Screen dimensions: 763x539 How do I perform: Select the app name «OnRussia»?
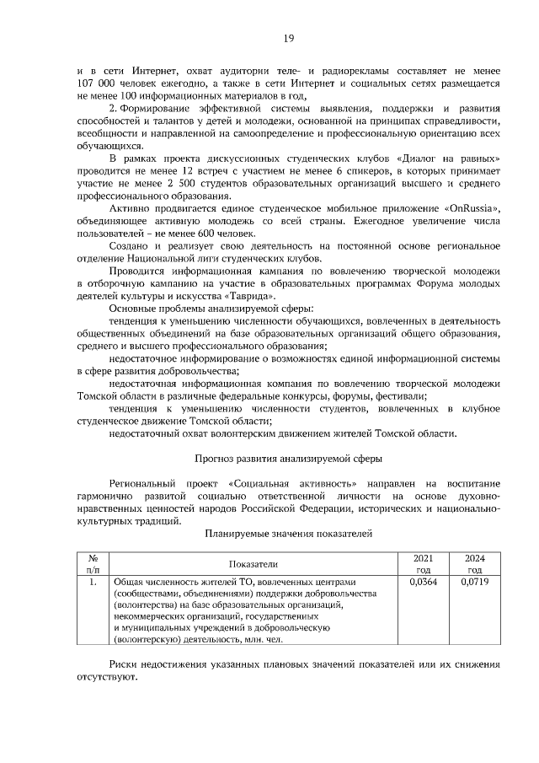pyautogui.click(x=472, y=207)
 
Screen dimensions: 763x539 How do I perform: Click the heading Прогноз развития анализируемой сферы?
pyautogui.click(x=288, y=459)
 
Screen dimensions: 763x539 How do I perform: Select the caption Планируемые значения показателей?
pyautogui.click(x=288, y=534)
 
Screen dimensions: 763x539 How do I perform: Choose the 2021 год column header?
pyautogui.click(x=423, y=563)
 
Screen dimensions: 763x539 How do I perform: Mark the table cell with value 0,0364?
pyautogui.click(x=423, y=582)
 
